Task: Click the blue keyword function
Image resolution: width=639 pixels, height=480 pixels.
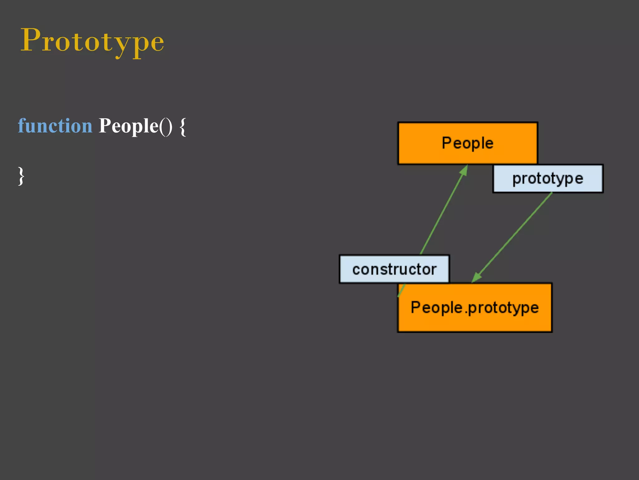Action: [55, 126]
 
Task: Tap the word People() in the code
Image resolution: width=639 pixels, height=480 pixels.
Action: [135, 126]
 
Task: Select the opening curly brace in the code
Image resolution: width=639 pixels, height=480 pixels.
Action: [183, 127]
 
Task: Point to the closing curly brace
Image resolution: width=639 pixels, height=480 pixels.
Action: [21, 176]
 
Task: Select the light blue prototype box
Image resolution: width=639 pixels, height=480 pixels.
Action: [548, 179]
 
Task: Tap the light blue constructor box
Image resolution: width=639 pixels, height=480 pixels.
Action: [394, 269]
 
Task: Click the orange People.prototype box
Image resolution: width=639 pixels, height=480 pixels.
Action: [474, 322]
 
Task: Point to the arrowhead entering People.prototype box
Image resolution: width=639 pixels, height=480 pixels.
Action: [476, 277]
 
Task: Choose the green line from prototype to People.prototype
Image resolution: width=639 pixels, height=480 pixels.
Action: [515, 234]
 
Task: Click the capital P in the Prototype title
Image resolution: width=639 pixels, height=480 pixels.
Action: [31, 40]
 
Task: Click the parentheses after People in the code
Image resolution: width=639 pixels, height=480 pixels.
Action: [166, 126]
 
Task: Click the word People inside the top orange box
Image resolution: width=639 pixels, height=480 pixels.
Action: [467, 143]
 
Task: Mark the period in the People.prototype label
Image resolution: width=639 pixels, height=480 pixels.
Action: [466, 312]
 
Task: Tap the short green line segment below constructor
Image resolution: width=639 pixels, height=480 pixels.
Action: [402, 290]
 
